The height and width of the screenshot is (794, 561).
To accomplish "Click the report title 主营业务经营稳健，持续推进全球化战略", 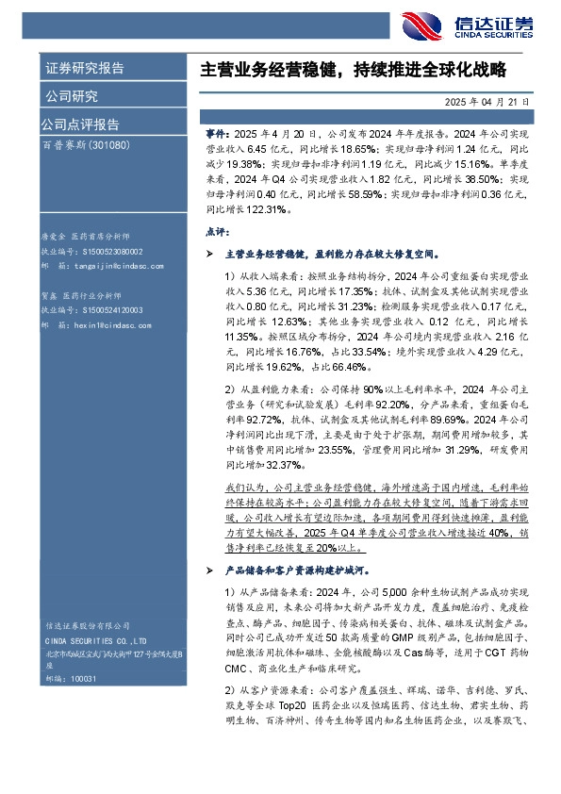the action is click(354, 69).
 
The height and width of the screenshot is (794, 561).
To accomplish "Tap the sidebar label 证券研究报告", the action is click(84, 69).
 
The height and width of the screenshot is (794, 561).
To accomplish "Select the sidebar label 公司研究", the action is click(71, 95).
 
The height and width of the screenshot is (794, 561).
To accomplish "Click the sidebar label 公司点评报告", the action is click(79, 124).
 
